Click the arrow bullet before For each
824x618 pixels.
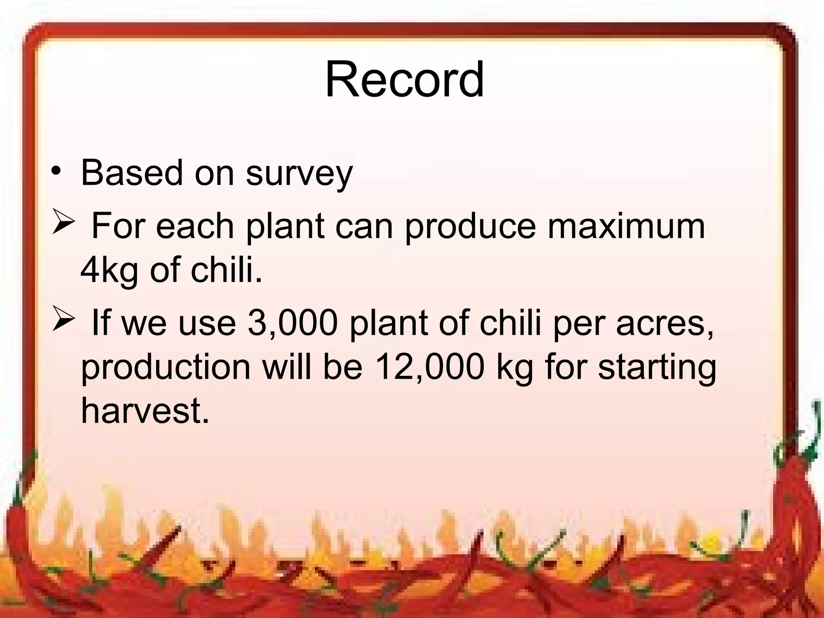click(x=64, y=223)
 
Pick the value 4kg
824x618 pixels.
click(x=109, y=270)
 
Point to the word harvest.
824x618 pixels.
click(x=145, y=411)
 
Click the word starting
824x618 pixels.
click(x=657, y=368)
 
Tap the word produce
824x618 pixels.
click(x=470, y=227)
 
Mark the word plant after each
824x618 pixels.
click(x=285, y=227)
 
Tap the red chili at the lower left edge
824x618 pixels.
click(x=16, y=535)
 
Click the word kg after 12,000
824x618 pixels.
click(x=515, y=368)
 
